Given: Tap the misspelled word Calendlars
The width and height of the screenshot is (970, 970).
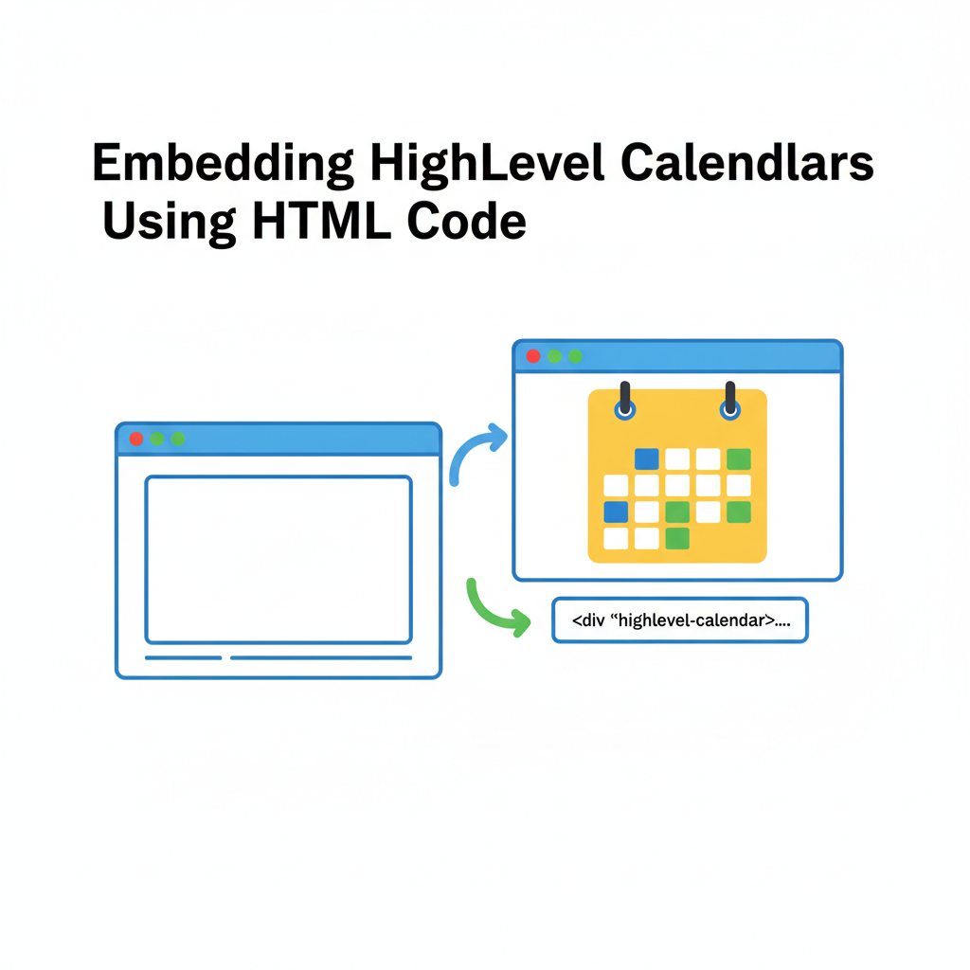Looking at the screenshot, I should [x=746, y=166].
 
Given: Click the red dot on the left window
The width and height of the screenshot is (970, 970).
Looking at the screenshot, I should [x=136, y=439].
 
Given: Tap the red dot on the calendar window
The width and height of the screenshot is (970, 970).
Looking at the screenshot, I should [x=533, y=356].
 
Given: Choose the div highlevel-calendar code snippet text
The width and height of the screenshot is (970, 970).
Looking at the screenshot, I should [x=679, y=620].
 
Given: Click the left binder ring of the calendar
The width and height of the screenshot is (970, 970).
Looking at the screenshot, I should [x=624, y=402].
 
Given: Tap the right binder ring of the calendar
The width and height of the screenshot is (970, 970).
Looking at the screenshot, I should [x=729, y=402].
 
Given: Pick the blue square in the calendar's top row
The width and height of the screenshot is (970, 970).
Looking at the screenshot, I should [x=646, y=459].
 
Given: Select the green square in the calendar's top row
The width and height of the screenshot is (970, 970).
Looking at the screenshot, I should [x=739, y=459].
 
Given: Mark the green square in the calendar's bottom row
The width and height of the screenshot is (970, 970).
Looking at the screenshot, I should [x=677, y=538].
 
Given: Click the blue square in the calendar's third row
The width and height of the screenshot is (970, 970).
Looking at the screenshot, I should [x=616, y=512].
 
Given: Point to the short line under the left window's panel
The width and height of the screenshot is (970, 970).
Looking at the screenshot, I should [x=183, y=657].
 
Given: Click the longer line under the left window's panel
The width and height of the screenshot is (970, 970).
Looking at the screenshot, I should [x=321, y=657].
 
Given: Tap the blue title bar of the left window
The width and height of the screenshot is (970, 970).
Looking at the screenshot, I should [x=303, y=439].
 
